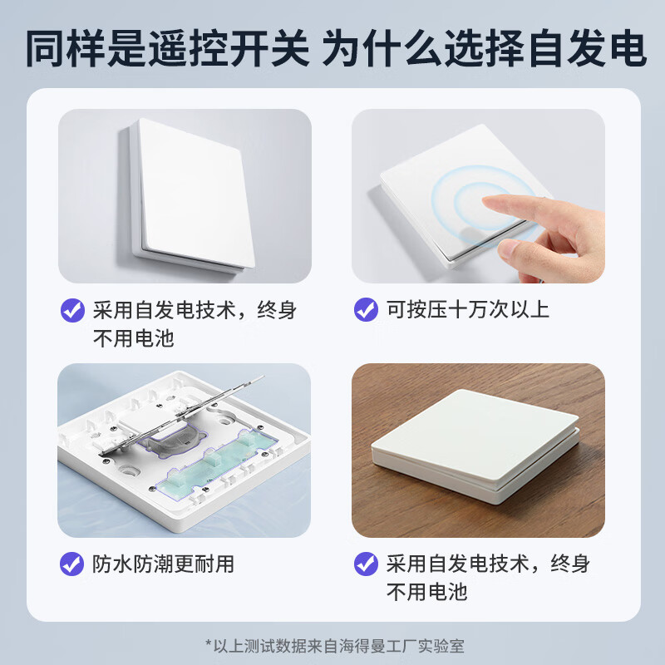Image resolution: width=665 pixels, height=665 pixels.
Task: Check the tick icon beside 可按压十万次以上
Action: (366, 310)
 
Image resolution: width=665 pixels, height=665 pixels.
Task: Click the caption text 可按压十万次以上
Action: (468, 310)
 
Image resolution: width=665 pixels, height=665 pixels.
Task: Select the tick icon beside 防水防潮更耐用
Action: (72, 564)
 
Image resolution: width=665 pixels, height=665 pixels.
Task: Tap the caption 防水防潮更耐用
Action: (163, 564)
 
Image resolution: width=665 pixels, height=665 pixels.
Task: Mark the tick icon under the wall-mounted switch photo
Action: (72, 310)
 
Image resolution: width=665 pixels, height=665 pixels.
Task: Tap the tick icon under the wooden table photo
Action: (366, 564)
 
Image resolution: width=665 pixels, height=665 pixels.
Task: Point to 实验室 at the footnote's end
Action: (441, 643)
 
